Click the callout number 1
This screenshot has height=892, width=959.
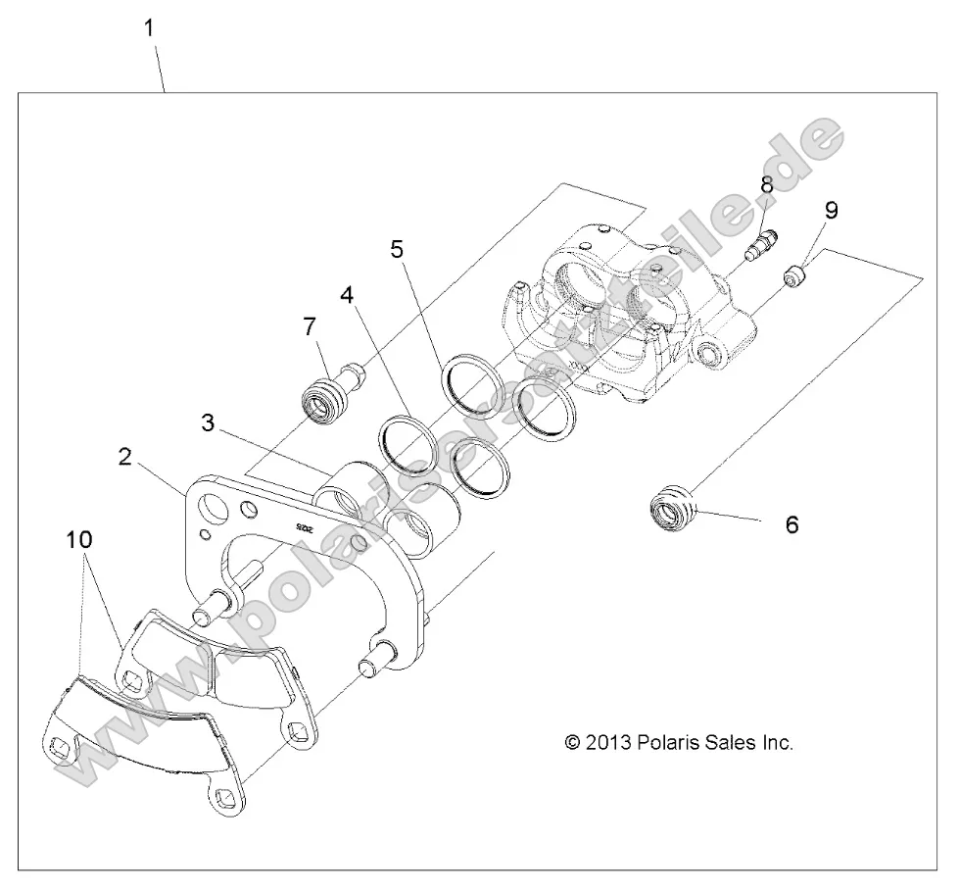click(149, 27)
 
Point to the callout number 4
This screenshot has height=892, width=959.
click(347, 295)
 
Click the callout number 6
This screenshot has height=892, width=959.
click(791, 524)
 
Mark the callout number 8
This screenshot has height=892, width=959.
click(766, 184)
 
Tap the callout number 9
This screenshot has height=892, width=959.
click(831, 210)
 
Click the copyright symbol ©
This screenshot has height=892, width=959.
click(574, 742)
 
